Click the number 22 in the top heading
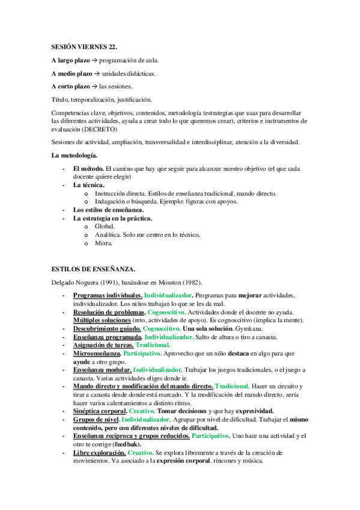coord(112,46)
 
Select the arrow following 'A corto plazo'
coord(94,86)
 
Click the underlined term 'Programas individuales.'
coord(108,296)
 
